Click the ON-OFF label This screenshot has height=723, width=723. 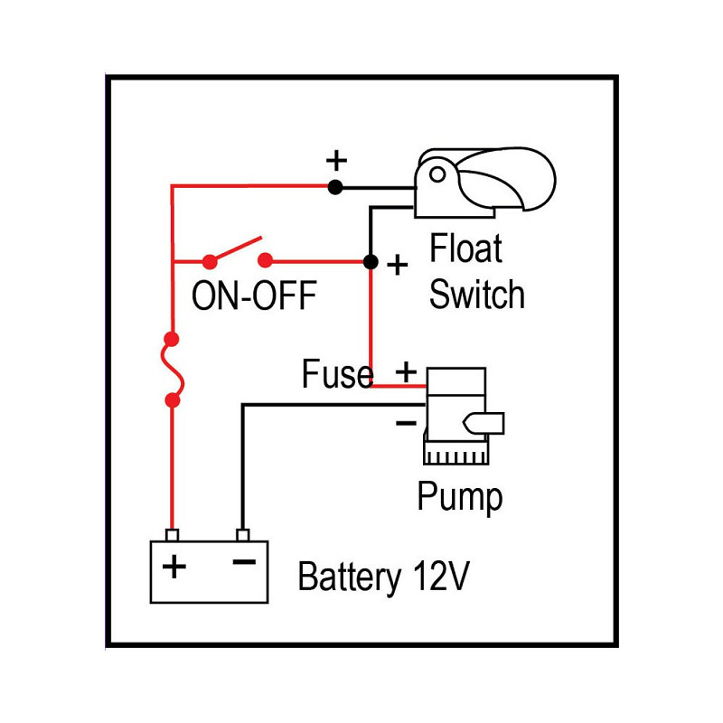tap(254, 296)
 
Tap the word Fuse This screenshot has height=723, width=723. tap(337, 373)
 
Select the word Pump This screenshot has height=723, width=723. tap(460, 497)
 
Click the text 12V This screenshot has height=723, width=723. tap(441, 576)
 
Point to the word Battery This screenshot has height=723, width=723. tap(349, 577)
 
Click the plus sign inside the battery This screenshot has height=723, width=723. tap(174, 567)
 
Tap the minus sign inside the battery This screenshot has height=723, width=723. tap(244, 561)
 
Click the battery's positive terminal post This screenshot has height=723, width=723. tap(172, 535)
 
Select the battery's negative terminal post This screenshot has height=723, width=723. tap(242, 535)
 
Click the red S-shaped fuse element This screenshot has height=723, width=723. tap(172, 371)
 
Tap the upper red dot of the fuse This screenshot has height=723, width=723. tap(172, 340)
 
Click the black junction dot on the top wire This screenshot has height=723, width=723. tap(335, 187)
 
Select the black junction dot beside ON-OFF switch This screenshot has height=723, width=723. tap(371, 262)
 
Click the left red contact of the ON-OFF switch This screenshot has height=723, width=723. tap(210, 262)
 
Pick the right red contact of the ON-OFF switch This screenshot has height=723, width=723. tap(265, 261)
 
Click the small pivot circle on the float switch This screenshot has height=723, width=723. tap(437, 174)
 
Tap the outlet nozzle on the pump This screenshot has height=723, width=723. tap(484, 423)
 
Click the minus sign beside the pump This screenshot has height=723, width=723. tap(406, 422)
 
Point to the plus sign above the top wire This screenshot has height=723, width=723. tap(336, 161)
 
